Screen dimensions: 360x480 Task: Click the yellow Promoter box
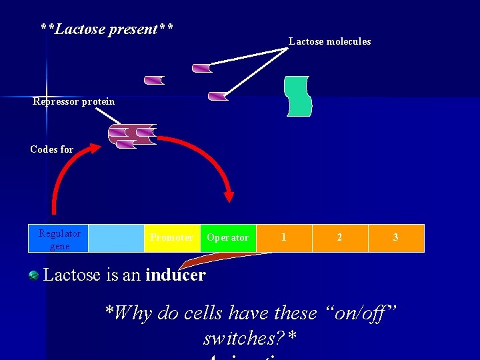pos(172,238)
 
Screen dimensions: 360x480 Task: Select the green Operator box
pos(228,238)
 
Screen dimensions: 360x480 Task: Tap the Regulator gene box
pos(59,239)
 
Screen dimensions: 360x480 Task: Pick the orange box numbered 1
pos(284,238)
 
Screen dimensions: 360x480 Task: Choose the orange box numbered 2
pos(340,238)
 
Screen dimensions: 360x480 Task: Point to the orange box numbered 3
pos(396,238)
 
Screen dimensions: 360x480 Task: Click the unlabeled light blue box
pos(116,238)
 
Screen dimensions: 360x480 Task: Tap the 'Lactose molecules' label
pos(329,41)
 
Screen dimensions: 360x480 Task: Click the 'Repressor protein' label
pos(73,102)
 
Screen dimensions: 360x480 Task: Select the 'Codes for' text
pos(52,149)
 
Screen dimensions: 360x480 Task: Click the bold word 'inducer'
pos(175,275)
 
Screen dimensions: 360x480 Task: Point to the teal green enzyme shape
pos(298,96)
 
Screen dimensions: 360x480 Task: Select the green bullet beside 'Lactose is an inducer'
pos(34,275)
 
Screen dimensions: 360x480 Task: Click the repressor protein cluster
pos(132,135)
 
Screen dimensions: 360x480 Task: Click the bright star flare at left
pos(47,97)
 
